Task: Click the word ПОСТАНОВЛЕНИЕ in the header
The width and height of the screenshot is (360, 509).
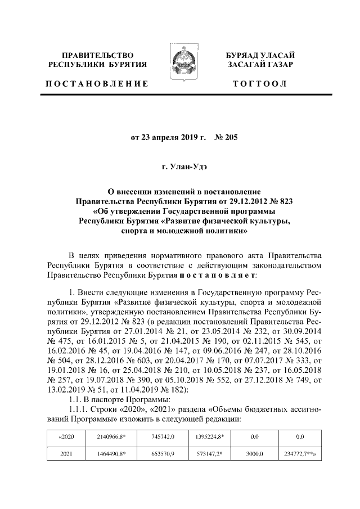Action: (x=97, y=84)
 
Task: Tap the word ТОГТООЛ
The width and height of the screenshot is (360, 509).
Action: (x=259, y=84)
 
